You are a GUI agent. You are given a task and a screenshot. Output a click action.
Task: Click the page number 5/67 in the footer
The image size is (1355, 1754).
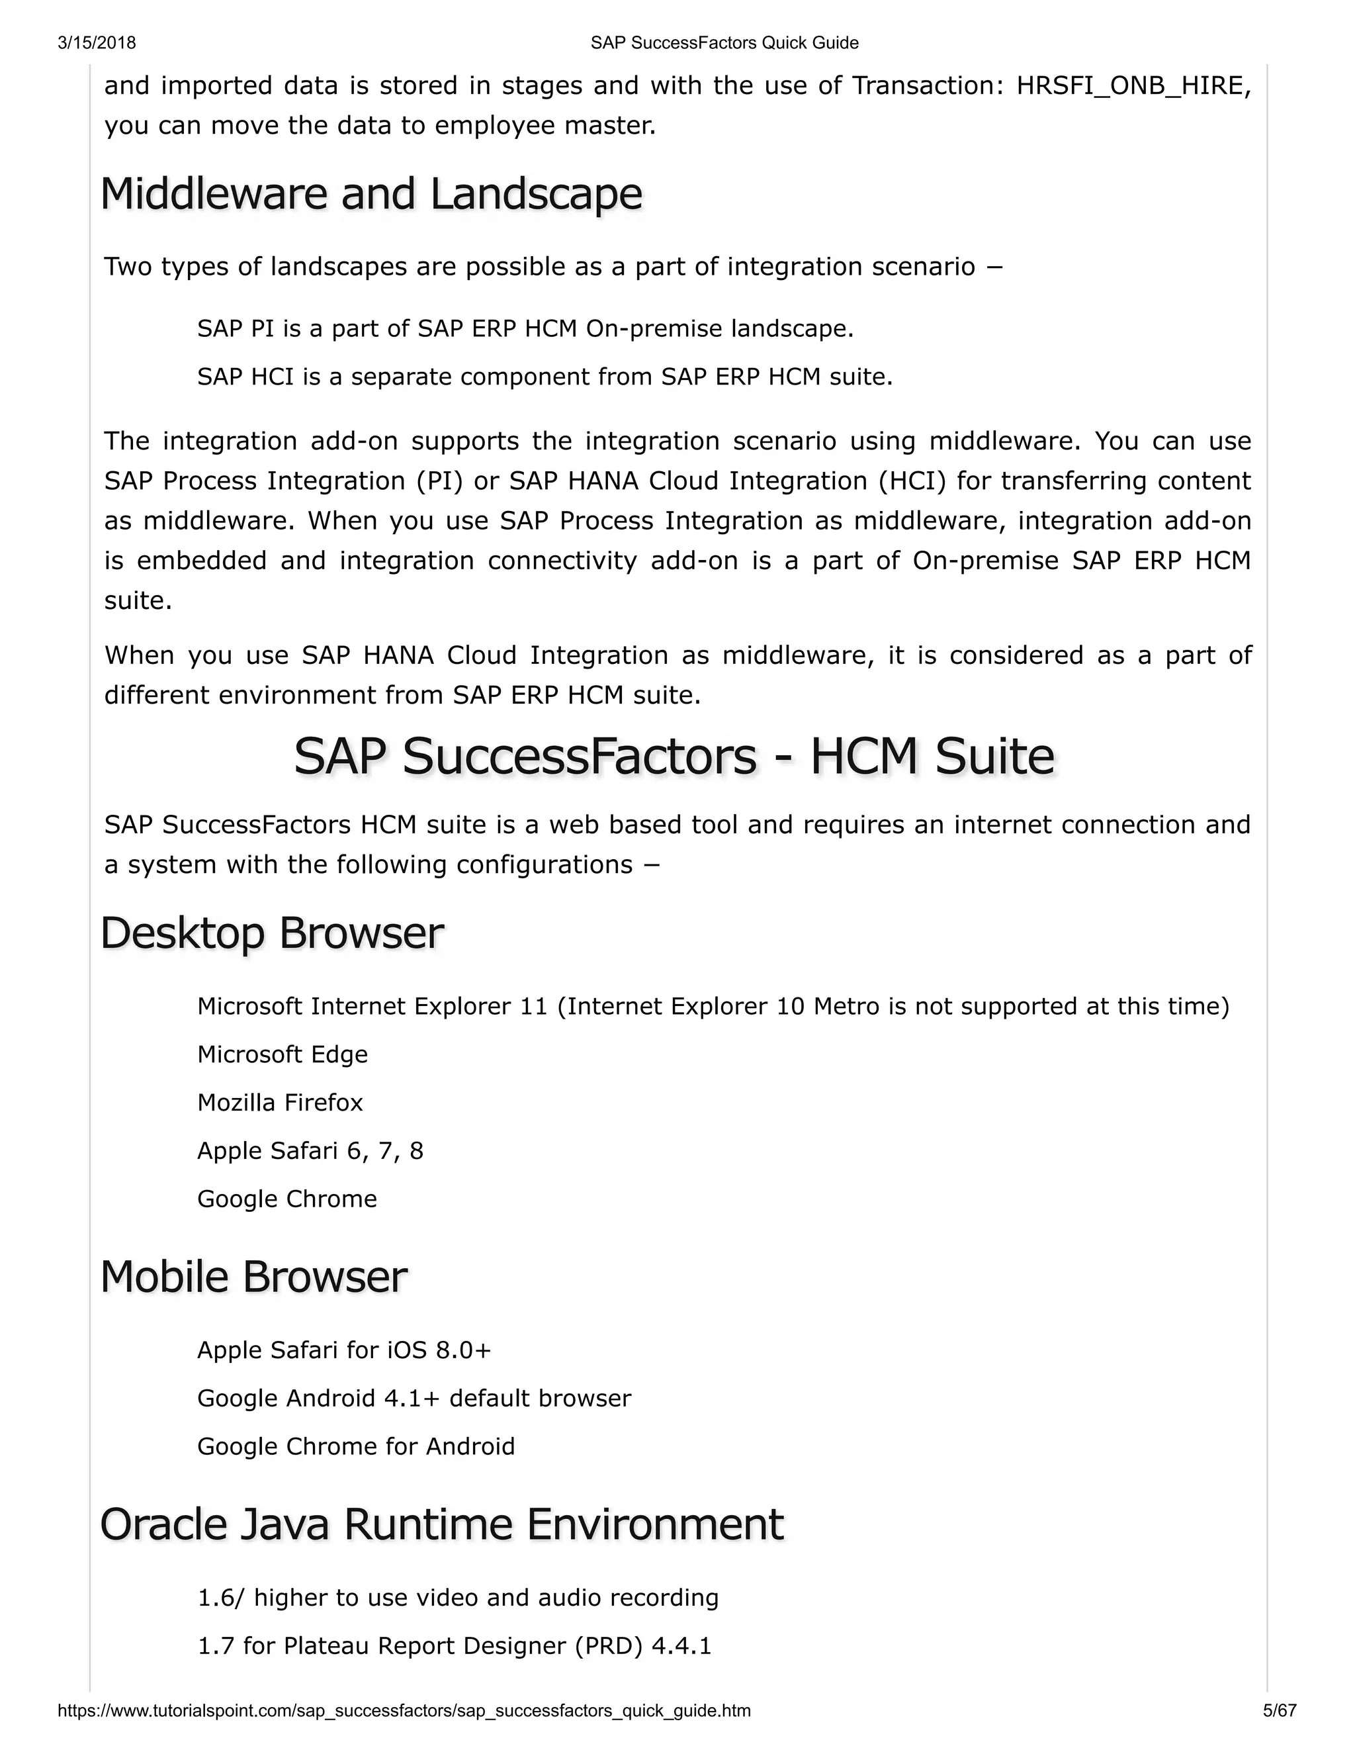click(1280, 1710)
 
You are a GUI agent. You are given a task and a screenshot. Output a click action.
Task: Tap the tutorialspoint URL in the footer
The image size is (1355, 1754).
click(404, 1710)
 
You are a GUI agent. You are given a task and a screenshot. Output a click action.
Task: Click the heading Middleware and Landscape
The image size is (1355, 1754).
click(372, 195)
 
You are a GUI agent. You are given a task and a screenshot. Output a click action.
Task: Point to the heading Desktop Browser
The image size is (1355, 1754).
click(272, 933)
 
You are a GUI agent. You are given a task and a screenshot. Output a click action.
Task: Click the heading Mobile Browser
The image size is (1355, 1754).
click(253, 1277)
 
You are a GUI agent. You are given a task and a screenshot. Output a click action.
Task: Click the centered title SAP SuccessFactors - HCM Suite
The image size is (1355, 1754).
click(674, 757)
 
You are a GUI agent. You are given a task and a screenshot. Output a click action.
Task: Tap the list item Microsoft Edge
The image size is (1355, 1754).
click(283, 1054)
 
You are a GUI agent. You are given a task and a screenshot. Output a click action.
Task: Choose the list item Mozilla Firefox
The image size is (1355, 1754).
click(280, 1103)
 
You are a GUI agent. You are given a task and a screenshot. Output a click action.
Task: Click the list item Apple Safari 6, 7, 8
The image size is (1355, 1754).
click(310, 1151)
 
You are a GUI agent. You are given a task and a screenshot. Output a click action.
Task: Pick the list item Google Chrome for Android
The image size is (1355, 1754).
click(355, 1446)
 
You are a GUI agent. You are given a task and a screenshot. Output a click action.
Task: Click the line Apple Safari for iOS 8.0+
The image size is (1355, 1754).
click(343, 1350)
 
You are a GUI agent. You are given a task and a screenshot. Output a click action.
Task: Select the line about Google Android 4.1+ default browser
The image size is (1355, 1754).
click(414, 1398)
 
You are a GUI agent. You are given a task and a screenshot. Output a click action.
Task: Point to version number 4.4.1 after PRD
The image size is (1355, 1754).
click(681, 1646)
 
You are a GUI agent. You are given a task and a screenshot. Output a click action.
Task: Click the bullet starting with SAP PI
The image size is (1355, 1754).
click(525, 328)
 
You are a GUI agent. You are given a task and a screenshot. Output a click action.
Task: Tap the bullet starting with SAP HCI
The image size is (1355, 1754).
click(545, 377)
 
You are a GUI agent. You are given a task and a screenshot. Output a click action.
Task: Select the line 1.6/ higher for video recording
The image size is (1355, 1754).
click(458, 1597)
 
